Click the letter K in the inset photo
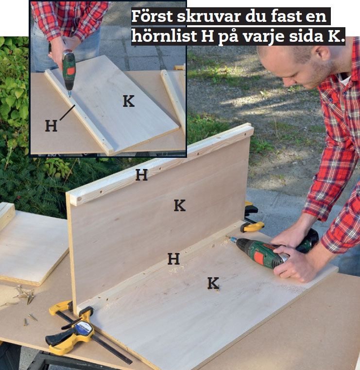(128, 101)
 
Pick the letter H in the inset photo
(51, 126)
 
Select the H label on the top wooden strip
(141, 175)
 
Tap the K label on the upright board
(180, 205)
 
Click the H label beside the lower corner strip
(173, 259)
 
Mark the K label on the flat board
(213, 283)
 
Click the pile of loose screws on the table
(24, 294)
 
